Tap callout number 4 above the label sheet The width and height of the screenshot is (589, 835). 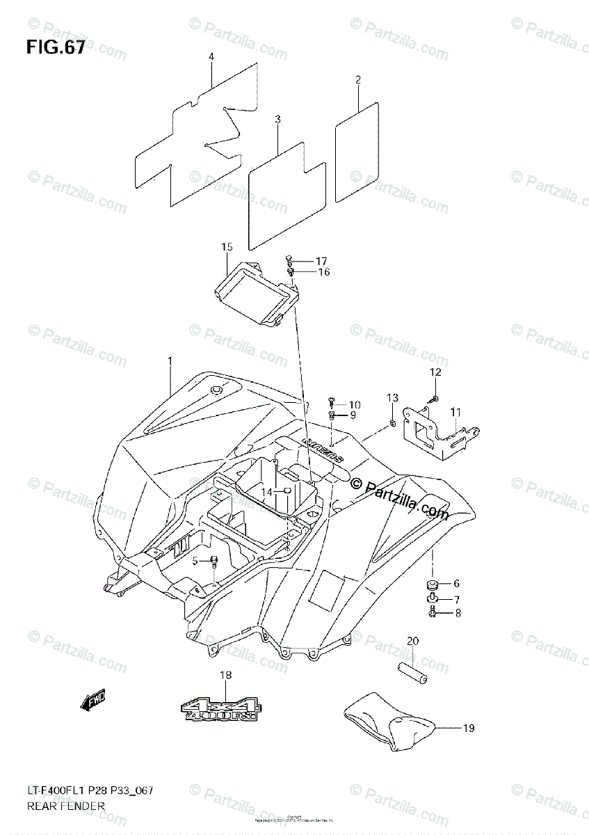click(211, 56)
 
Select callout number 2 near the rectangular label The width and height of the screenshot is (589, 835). click(358, 80)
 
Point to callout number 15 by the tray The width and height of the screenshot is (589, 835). click(226, 247)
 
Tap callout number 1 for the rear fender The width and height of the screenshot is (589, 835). click(169, 360)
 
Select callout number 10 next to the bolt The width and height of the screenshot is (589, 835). click(355, 405)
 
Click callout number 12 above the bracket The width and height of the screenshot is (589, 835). click(435, 373)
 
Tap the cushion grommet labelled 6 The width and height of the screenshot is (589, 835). click(430, 583)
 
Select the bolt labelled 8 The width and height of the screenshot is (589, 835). click(432, 613)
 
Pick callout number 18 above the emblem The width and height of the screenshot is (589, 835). click(226, 675)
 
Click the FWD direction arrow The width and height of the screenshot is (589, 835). click(91, 703)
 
